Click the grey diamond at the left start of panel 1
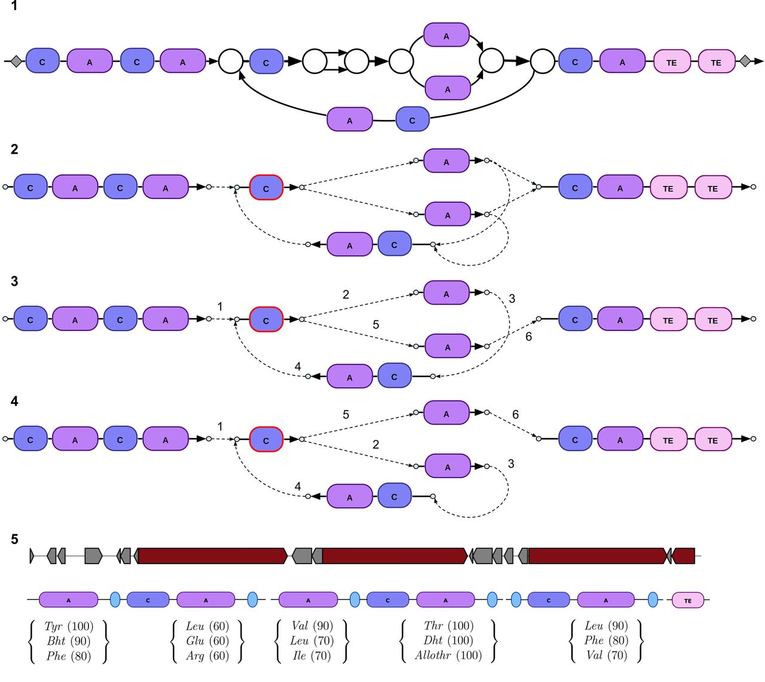click(16, 61)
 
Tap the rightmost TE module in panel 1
click(716, 62)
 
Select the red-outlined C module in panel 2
click(266, 188)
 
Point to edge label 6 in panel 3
click(528, 337)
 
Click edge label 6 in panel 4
click(515, 414)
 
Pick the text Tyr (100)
click(69, 626)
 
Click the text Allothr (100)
click(448, 655)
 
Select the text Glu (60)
click(207, 641)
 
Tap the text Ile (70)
click(311, 655)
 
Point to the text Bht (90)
click(69, 641)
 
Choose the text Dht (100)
click(448, 641)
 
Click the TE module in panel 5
click(688, 600)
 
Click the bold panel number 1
click(14, 7)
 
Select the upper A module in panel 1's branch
click(446, 36)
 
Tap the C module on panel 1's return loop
click(412, 120)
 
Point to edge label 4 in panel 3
click(298, 366)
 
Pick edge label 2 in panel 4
click(375, 444)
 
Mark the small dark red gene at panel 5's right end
click(684, 556)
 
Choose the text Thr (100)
click(448, 626)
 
